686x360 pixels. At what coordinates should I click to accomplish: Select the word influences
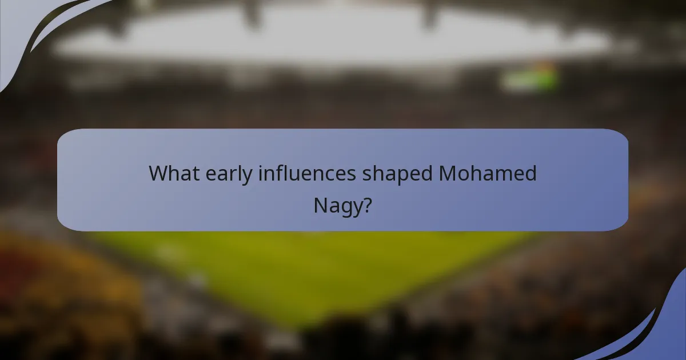307,173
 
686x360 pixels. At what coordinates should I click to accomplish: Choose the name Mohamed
488,173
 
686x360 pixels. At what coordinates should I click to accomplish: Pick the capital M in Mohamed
448,173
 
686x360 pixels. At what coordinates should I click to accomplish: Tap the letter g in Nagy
345,208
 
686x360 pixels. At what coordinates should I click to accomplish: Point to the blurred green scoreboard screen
529,78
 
